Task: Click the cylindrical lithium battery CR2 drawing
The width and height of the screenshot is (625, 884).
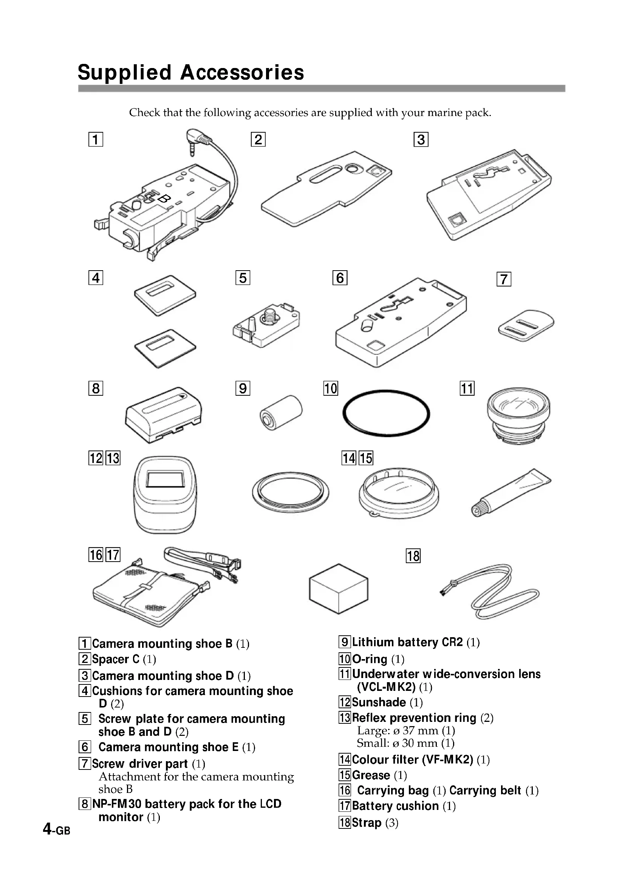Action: (281, 412)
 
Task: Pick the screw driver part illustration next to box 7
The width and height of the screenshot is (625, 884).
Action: (526, 325)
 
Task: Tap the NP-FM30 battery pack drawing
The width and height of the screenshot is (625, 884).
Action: (164, 415)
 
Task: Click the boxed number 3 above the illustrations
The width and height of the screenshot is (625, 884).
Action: (421, 139)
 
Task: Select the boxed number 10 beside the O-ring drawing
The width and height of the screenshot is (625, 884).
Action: (331, 388)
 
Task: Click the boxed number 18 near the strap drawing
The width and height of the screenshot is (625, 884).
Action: (413, 556)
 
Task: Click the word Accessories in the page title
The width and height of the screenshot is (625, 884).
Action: (243, 73)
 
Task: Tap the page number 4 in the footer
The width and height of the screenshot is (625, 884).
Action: (47, 828)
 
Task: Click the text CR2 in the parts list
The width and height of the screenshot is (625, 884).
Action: (452, 642)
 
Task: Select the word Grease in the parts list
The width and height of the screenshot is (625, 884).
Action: (371, 775)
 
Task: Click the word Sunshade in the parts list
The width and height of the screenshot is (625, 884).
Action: (379, 702)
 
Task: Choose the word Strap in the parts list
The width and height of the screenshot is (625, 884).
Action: (367, 822)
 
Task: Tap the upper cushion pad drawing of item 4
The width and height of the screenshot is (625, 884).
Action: (165, 295)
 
